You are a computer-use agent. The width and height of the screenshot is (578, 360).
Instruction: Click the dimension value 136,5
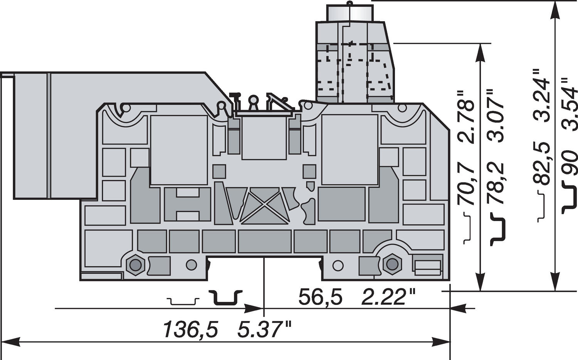[x=190, y=330]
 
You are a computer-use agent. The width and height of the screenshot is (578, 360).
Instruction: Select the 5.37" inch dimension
[x=264, y=330]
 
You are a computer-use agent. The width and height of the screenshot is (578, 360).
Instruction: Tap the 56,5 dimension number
[x=320, y=298]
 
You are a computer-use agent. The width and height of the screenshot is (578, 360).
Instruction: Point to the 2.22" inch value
[x=389, y=298]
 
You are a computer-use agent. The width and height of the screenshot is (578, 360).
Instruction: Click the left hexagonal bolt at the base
[x=135, y=265]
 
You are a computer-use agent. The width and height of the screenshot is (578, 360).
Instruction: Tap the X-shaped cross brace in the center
[x=265, y=206]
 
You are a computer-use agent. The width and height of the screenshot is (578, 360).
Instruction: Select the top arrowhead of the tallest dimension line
[x=554, y=10]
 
